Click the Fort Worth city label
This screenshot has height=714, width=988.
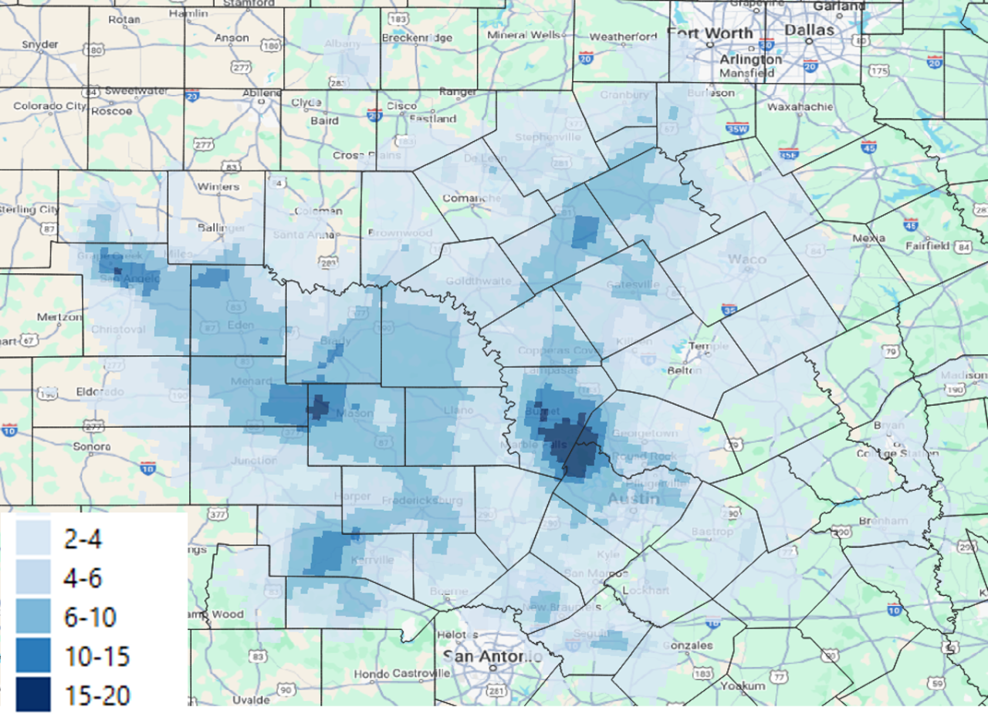point(710,33)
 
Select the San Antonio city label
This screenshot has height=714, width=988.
point(492,657)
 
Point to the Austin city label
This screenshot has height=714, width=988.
point(634,499)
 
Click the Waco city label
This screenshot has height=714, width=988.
point(746,259)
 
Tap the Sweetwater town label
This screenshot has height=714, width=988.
point(136,90)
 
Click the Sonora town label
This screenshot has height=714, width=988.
point(92,446)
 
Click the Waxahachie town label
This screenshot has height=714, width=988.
point(800,107)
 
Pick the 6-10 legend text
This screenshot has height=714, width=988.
point(90,617)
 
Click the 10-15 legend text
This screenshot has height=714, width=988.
point(96,656)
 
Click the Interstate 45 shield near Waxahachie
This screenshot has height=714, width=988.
point(869,147)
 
